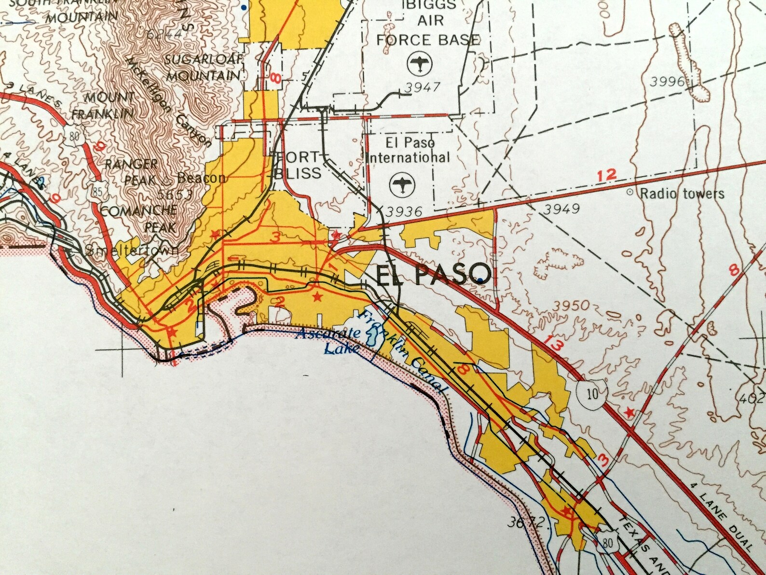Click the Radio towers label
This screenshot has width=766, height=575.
point(682,194)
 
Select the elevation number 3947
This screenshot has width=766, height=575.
point(423,87)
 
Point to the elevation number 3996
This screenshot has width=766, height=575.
point(667,82)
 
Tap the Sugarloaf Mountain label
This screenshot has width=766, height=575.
point(203,68)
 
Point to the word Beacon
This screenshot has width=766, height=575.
point(201,178)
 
